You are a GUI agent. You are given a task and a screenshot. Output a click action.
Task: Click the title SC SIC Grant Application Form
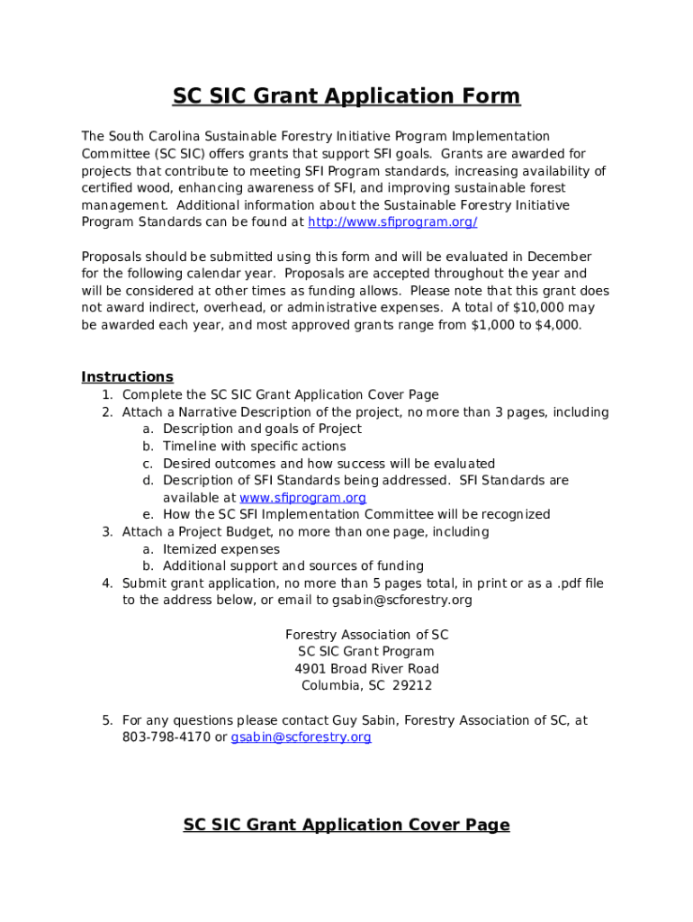pyautogui.click(x=346, y=96)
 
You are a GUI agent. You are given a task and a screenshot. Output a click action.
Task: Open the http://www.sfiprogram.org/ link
pyautogui.click(x=392, y=222)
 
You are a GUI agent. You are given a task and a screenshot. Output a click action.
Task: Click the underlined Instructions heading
pyautogui.click(x=127, y=377)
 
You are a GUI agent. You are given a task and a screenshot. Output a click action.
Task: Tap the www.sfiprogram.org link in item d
pyautogui.click(x=302, y=498)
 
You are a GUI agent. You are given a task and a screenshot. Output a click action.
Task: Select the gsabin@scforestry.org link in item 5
pyautogui.click(x=301, y=737)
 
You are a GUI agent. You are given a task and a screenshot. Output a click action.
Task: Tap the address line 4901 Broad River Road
pyautogui.click(x=366, y=669)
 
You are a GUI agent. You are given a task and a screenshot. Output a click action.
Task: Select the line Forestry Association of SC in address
pyautogui.click(x=366, y=635)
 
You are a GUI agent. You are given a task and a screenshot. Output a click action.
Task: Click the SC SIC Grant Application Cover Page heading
pyautogui.click(x=346, y=825)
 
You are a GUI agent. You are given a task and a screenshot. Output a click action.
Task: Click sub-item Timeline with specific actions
pyautogui.click(x=254, y=447)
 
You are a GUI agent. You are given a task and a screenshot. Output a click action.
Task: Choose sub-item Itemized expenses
pyautogui.click(x=221, y=549)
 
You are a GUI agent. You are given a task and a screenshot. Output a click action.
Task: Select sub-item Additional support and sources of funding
pyautogui.click(x=293, y=566)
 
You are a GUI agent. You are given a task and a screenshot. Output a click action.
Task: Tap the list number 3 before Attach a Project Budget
pyautogui.click(x=106, y=532)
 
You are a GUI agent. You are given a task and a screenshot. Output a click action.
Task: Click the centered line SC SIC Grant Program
pyautogui.click(x=366, y=652)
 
